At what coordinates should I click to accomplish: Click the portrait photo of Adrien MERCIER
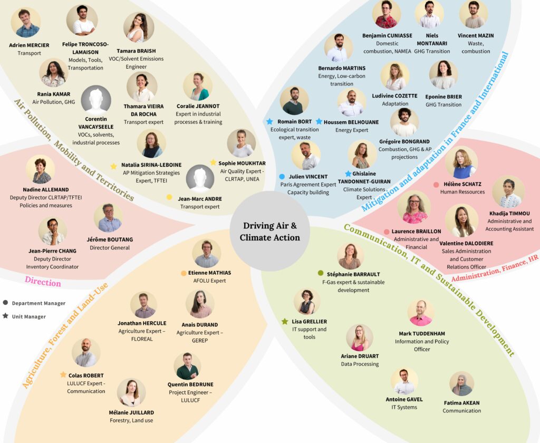[26, 23]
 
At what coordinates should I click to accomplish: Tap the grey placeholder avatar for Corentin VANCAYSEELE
[96, 100]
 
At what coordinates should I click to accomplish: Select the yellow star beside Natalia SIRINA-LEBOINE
[113, 166]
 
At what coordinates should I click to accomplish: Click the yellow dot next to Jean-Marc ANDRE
[169, 197]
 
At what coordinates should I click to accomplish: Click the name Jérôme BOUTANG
[110, 239]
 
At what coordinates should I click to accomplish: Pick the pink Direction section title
[43, 283]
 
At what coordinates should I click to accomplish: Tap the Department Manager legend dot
[5, 303]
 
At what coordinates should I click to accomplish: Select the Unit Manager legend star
[5, 316]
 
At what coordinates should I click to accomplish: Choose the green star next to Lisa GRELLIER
[285, 321]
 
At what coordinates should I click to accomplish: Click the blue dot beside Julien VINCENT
[282, 177]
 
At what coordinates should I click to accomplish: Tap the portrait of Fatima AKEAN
[461, 384]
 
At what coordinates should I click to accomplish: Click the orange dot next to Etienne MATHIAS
[184, 273]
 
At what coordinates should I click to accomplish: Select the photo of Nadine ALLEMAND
[41, 169]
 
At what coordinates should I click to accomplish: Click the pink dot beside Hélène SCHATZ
[436, 185]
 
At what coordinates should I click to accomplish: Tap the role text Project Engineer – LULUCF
[190, 397]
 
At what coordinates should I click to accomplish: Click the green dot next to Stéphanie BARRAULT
[321, 273]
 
